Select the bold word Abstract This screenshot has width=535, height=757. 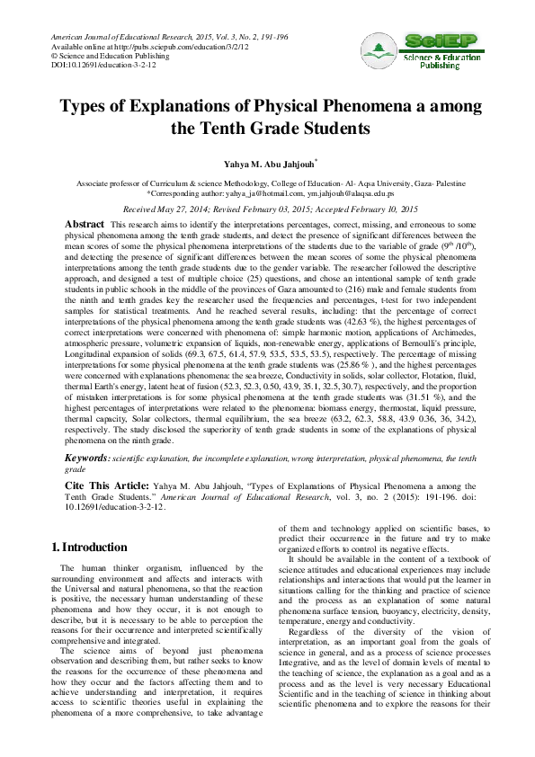(85, 223)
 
